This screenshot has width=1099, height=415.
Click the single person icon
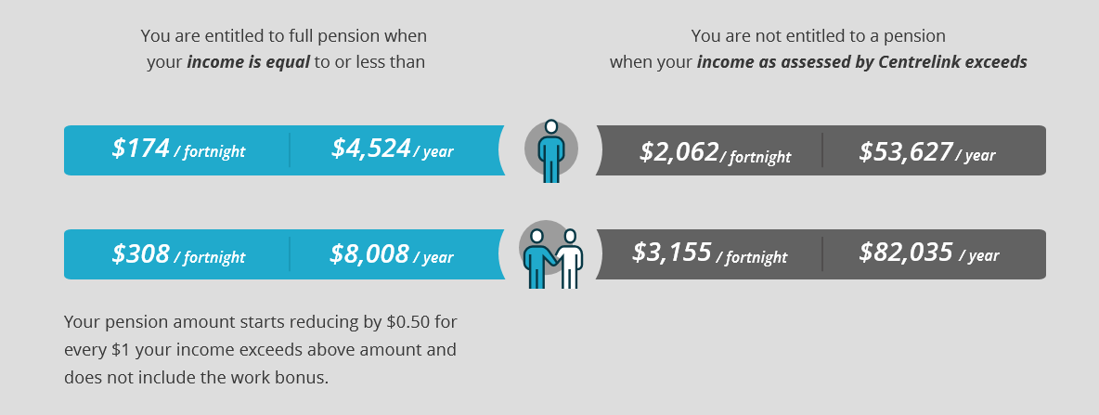[x=551, y=150]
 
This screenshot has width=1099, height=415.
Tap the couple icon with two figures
[x=551, y=254]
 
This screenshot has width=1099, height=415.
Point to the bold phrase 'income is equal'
[x=248, y=62]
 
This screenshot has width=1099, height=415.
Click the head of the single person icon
[x=551, y=126]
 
